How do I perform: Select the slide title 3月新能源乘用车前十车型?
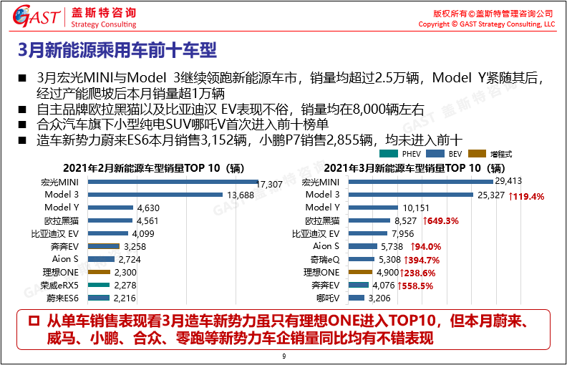(x=117, y=52)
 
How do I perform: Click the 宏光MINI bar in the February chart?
(x=173, y=183)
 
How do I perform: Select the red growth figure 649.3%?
(x=440, y=221)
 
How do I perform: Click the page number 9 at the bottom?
(x=283, y=356)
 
